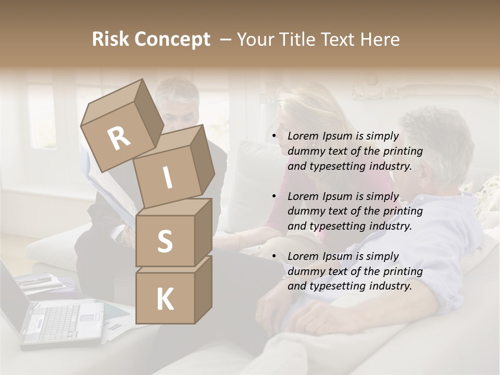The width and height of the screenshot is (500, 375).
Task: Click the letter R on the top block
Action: click(119, 138)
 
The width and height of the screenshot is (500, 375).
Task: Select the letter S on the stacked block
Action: click(165, 242)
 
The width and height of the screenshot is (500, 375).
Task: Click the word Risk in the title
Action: click(110, 40)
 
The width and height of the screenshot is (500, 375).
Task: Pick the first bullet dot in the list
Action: click(274, 136)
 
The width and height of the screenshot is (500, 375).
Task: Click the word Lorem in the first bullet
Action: click(302, 136)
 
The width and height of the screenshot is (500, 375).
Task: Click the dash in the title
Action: click(227, 40)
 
